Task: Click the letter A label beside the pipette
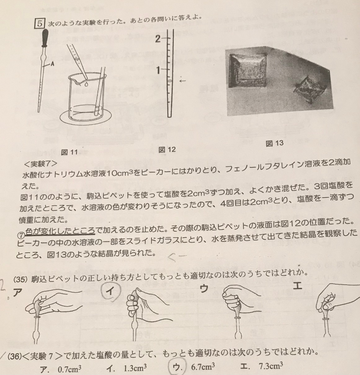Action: pyautogui.click(x=52, y=64)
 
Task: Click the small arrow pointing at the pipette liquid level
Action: pyautogui.click(x=183, y=81)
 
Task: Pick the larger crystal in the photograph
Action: pyautogui.click(x=248, y=70)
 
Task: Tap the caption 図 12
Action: pyautogui.click(x=167, y=149)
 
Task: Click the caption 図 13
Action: pyautogui.click(x=274, y=143)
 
